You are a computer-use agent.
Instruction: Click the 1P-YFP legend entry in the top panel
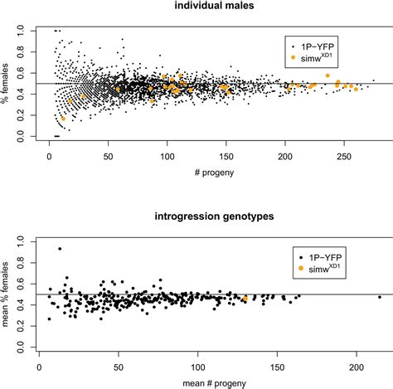(x=317, y=43)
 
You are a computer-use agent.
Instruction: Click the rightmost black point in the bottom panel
(x=380, y=297)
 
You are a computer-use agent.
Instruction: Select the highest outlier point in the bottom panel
(x=60, y=249)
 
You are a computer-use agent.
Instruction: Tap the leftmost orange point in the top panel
(x=62, y=119)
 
